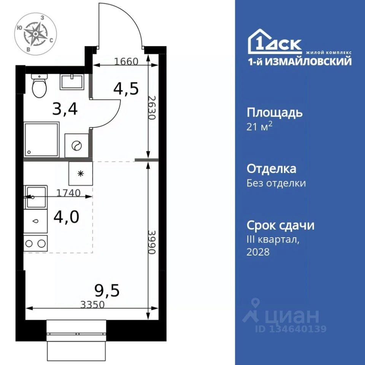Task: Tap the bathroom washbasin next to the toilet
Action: coord(71,82)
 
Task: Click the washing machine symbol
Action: coord(76,146)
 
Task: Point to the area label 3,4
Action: coord(65,109)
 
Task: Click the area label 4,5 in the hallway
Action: coord(126,89)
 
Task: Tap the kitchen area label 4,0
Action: coord(66,217)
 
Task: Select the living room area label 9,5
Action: coord(107,291)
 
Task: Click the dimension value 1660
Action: coord(126,62)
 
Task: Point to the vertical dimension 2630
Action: coord(152,108)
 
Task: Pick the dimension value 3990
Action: coord(152,242)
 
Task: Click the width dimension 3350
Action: coord(92,305)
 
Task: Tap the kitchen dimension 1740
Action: coord(68,193)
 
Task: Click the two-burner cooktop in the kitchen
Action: coord(36,243)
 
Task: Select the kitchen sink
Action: coord(36,197)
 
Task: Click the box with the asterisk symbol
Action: coord(81,174)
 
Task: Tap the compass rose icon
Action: coord(36,34)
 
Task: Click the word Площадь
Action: coord(275,113)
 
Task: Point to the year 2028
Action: coord(258,252)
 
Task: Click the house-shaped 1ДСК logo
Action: coord(275,41)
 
